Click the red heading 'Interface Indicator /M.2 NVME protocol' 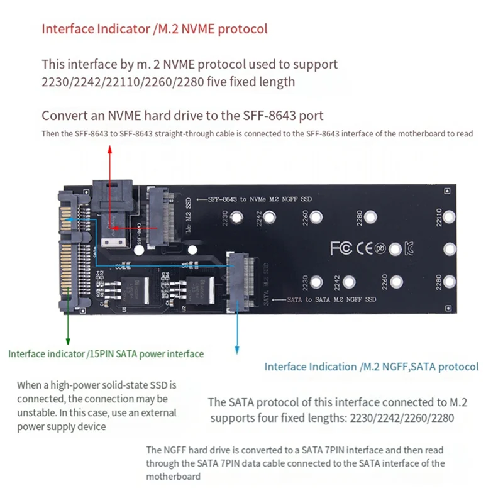pyautogui.click(x=154, y=29)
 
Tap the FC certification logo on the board pyautogui.click(x=342, y=248)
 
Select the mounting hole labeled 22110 pyautogui.click(x=449, y=218)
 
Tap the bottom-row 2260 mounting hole pyautogui.click(x=396, y=281)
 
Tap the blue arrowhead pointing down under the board pyautogui.click(x=237, y=348)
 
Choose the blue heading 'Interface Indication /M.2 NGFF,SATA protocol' pyautogui.click(x=371, y=367)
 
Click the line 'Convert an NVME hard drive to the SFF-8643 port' pyautogui.click(x=182, y=116)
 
